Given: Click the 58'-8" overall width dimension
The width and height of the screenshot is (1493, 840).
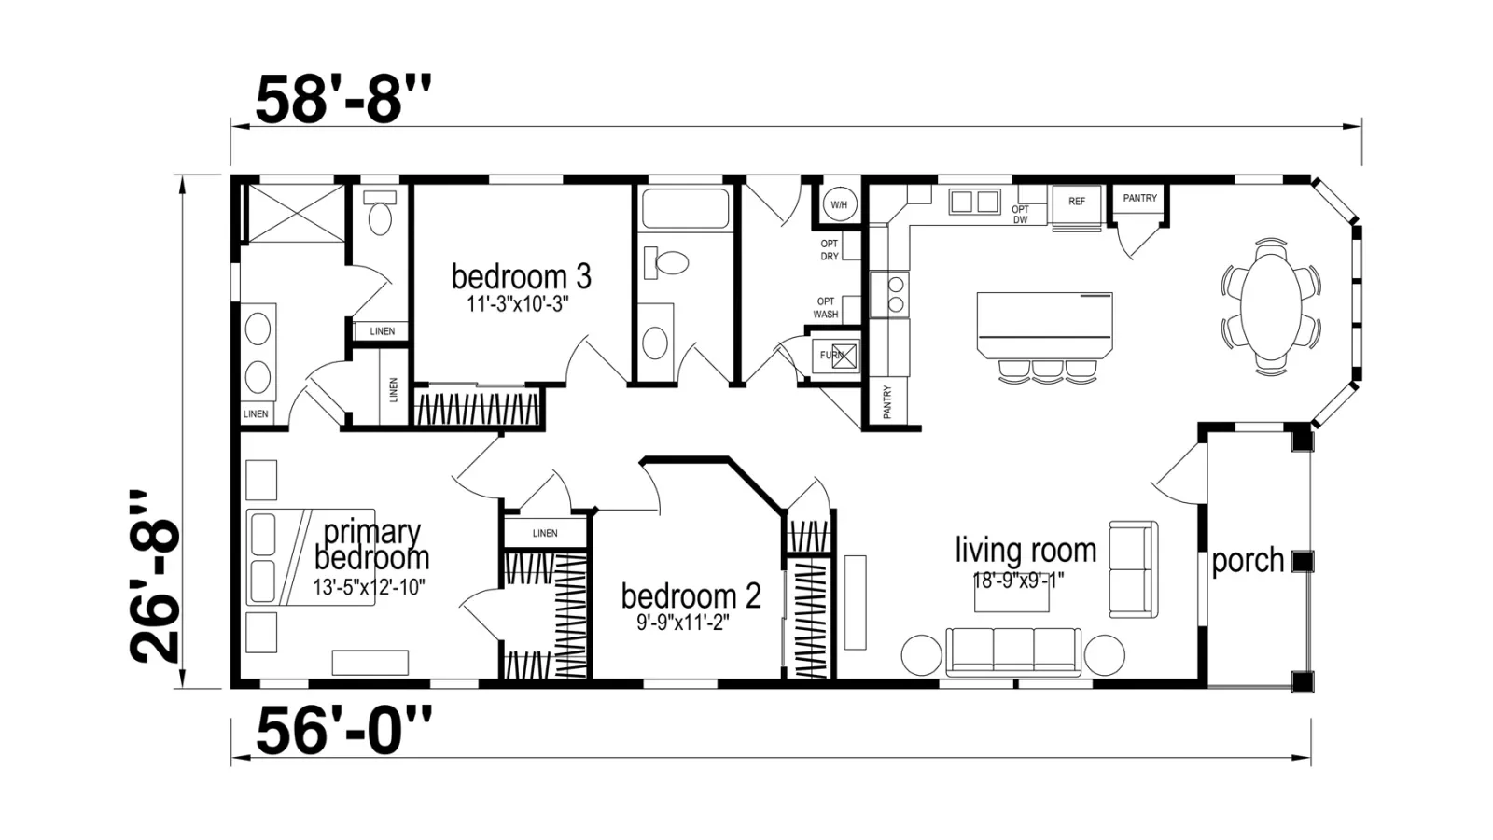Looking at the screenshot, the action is pyautogui.click(x=343, y=99).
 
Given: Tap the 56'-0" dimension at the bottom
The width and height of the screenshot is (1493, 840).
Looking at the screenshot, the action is pyautogui.click(x=343, y=731).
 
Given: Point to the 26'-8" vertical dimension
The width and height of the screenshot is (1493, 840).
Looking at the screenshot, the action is pyautogui.click(x=155, y=578).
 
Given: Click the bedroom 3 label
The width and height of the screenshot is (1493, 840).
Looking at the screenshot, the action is pyautogui.click(x=522, y=276).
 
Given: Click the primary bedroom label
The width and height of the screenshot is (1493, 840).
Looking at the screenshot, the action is pyautogui.click(x=372, y=545).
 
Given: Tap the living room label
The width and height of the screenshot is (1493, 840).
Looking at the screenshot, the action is pyautogui.click(x=1026, y=551).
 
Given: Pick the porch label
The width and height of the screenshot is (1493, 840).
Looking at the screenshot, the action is pyautogui.click(x=1248, y=561).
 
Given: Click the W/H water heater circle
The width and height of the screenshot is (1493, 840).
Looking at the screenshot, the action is pyautogui.click(x=839, y=204).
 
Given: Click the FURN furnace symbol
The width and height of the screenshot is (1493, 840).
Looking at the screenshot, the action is pyautogui.click(x=836, y=356).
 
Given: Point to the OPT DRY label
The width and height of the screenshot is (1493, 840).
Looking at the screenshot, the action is pyautogui.click(x=830, y=250).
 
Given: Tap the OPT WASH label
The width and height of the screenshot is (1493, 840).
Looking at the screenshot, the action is pyautogui.click(x=826, y=308).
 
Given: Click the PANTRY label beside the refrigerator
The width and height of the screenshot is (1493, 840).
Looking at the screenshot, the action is pyautogui.click(x=1139, y=198).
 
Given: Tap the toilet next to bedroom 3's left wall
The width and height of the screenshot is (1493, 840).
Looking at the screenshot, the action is pyautogui.click(x=380, y=214).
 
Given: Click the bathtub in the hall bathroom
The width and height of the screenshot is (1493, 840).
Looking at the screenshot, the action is pyautogui.click(x=685, y=208).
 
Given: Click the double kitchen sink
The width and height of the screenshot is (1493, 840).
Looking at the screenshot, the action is pyautogui.click(x=974, y=202).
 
